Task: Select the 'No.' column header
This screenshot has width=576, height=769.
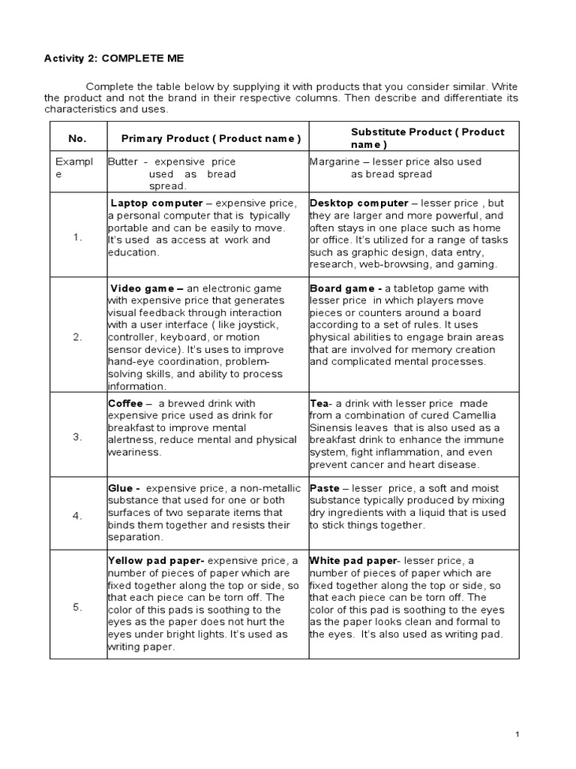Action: pos(77,138)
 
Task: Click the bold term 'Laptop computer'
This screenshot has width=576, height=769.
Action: pos(157,204)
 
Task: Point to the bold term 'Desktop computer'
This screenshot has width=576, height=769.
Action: pos(358,204)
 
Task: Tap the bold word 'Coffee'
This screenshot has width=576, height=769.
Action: pos(126,403)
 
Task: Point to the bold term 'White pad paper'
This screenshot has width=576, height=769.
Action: pos(351,561)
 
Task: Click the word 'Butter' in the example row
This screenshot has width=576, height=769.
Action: pos(123,161)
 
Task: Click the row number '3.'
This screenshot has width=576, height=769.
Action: pos(78,437)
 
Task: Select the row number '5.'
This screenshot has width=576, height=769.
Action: pos(78,608)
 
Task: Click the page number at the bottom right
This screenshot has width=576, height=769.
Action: pos(517,734)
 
